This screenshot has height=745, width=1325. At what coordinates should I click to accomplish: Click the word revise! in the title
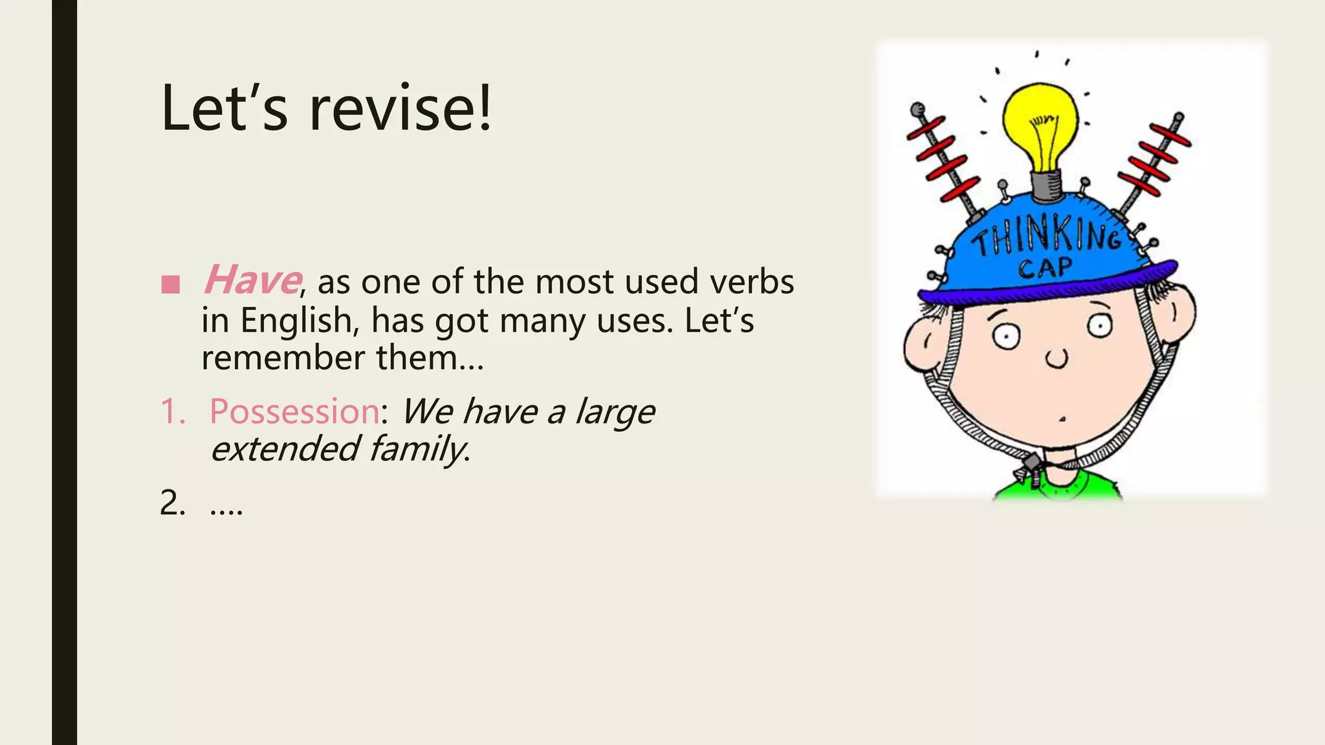click(400, 108)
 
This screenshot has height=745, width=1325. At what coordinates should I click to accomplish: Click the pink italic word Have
click(251, 281)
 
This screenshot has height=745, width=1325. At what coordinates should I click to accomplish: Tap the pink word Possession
click(294, 411)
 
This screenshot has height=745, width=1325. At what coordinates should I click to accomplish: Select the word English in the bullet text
click(296, 320)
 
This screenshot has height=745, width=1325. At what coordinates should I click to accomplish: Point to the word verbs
click(751, 282)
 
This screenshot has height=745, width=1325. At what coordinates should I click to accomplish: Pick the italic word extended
click(285, 449)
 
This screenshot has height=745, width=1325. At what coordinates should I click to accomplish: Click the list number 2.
click(171, 503)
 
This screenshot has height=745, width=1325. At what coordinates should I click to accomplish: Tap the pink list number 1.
click(171, 411)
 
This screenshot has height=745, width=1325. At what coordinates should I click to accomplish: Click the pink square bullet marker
click(170, 285)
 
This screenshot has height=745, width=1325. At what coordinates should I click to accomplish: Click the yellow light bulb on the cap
click(1040, 123)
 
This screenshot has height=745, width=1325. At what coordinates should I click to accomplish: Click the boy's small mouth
click(1062, 419)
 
